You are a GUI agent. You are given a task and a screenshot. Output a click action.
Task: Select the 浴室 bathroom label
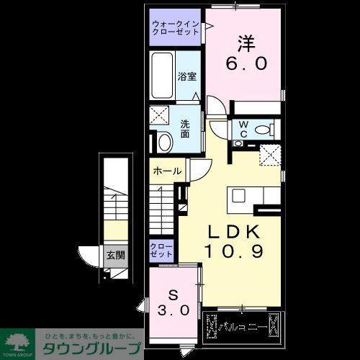click(x=186, y=75)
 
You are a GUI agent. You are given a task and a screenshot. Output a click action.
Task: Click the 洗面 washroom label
click(x=186, y=128)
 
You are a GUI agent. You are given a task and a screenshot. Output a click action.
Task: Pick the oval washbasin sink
click(x=165, y=143)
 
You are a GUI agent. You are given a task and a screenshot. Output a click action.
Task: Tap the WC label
click(x=243, y=129)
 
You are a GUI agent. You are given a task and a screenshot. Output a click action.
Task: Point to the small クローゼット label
click(x=161, y=251)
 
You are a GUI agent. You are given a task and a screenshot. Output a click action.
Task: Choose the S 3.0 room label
click(x=173, y=303)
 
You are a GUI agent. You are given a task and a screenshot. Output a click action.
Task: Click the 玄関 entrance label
click(x=115, y=254)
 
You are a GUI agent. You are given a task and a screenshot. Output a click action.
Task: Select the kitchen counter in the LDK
click(x=254, y=197)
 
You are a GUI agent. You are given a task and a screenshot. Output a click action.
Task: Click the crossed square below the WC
click(x=271, y=153)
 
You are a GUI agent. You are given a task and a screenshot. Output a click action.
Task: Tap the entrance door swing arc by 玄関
click(x=89, y=257)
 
